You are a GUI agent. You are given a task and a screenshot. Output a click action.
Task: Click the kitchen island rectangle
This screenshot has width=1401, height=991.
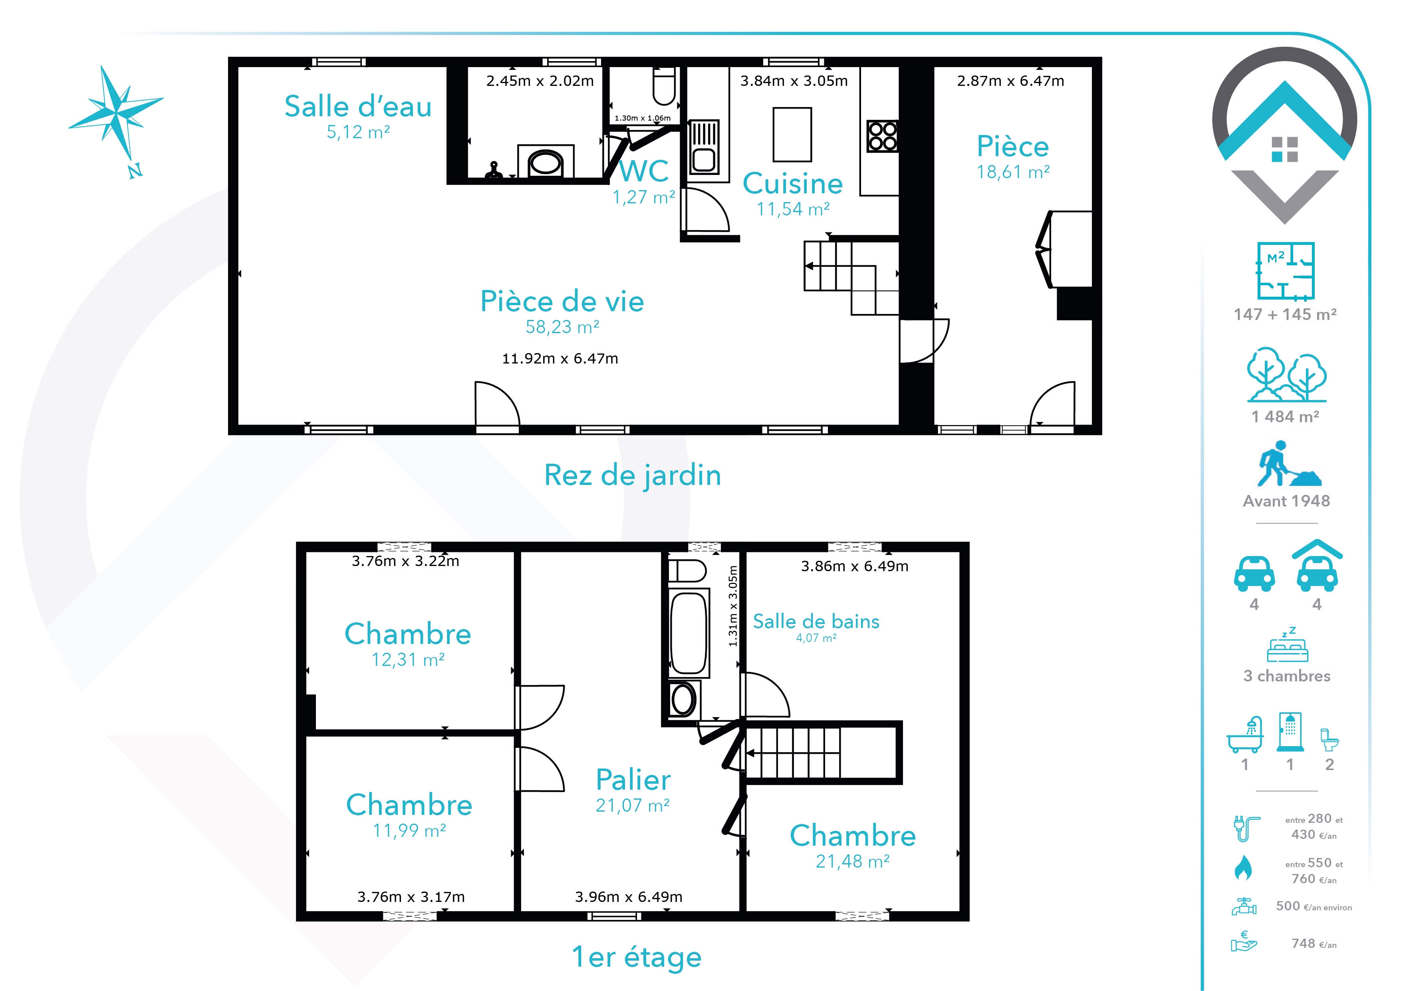(792, 134)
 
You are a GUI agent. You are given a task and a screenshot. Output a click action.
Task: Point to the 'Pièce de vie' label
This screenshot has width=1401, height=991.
(562, 302)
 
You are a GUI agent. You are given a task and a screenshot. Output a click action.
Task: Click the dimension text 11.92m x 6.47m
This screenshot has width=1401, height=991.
(560, 358)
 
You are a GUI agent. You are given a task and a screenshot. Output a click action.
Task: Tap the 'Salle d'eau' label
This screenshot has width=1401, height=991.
(358, 106)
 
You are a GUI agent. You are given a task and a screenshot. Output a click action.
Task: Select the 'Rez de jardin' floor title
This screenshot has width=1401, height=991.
(633, 475)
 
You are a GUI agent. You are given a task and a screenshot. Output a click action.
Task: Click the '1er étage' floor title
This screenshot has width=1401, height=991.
(637, 957)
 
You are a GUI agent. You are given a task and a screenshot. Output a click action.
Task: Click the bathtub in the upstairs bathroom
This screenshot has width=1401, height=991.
(689, 633)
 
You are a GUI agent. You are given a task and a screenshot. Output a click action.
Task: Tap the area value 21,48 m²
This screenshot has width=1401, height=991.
(852, 862)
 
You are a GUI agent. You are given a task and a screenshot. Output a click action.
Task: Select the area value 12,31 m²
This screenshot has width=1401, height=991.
(408, 659)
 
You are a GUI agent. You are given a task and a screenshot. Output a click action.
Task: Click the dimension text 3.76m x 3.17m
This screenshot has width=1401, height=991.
(411, 897)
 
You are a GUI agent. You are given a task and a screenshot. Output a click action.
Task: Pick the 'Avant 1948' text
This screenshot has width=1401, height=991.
(1286, 501)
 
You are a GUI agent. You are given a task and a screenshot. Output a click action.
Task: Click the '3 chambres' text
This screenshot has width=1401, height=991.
(1287, 676)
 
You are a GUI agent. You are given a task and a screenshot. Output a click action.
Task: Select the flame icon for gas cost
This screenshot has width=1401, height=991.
(1243, 868)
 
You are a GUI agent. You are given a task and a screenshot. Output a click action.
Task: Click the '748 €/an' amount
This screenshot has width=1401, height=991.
(1314, 943)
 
